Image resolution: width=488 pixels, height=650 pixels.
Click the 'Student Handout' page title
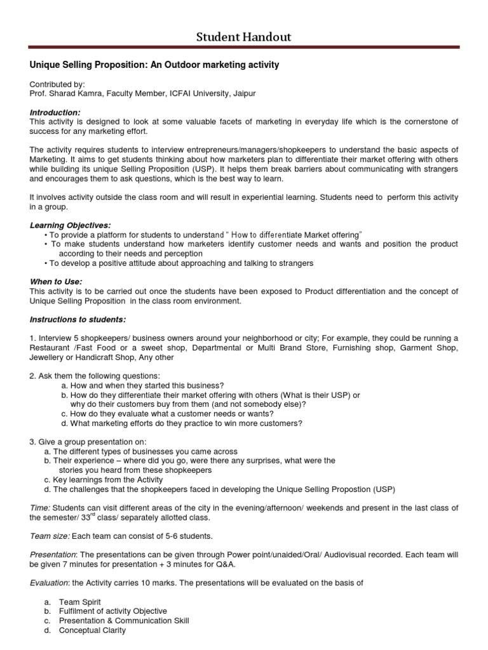[x=243, y=37]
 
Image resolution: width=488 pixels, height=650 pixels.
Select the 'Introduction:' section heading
[x=55, y=112]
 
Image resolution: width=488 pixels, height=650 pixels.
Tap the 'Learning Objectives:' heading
[x=70, y=225]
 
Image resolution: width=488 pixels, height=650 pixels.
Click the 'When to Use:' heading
[x=56, y=282]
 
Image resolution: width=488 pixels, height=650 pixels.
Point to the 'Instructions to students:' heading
[x=78, y=319]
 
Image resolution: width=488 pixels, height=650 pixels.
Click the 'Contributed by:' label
[x=57, y=84]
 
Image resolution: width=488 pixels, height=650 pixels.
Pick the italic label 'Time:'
[x=39, y=507]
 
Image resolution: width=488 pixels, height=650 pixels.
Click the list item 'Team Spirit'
[x=79, y=601]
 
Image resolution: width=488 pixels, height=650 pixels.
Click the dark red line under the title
[x=243, y=47]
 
